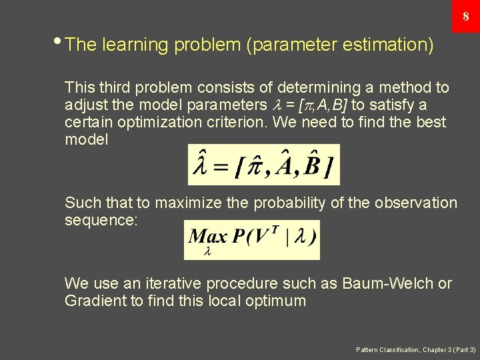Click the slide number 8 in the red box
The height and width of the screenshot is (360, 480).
click(x=465, y=17)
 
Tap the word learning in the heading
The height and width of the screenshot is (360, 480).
click(x=135, y=45)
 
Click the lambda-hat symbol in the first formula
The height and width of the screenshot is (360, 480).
click(x=201, y=165)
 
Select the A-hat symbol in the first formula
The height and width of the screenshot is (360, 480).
click(x=279, y=165)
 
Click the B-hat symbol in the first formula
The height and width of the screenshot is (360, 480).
click(x=311, y=165)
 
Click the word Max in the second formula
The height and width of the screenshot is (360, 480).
click(x=207, y=237)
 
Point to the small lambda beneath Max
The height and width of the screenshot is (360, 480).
click(x=207, y=252)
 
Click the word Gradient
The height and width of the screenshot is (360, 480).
click(x=95, y=301)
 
